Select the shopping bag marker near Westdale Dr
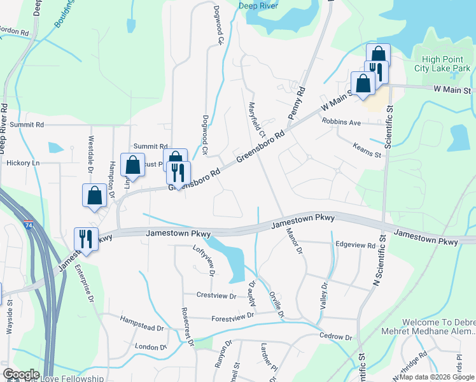[x=94, y=195]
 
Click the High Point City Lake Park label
[x=441, y=59]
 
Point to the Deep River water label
[x=260, y=6]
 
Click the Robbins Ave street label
[x=341, y=121]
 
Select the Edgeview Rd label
[x=354, y=244]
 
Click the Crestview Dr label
[x=216, y=295]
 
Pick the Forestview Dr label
[x=233, y=315]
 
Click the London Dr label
[x=150, y=347]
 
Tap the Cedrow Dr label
[x=335, y=337]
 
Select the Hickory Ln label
[x=22, y=163]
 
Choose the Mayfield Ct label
[x=255, y=119]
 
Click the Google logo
[x=21, y=374]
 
